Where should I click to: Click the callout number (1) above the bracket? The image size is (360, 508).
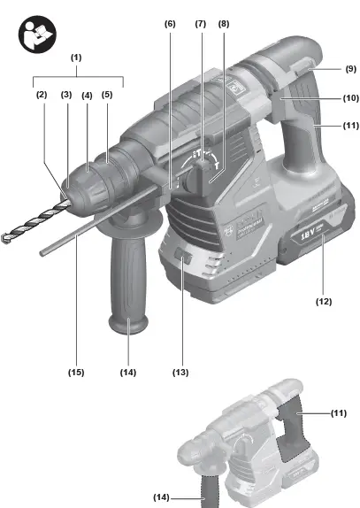(77, 58)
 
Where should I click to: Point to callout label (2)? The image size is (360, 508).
(41, 95)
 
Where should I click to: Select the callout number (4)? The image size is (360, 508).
(87, 95)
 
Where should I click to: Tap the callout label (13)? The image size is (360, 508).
(180, 373)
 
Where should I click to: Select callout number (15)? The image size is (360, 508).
(76, 373)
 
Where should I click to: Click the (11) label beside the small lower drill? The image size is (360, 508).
(339, 413)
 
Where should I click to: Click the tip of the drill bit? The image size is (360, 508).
(7, 236)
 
